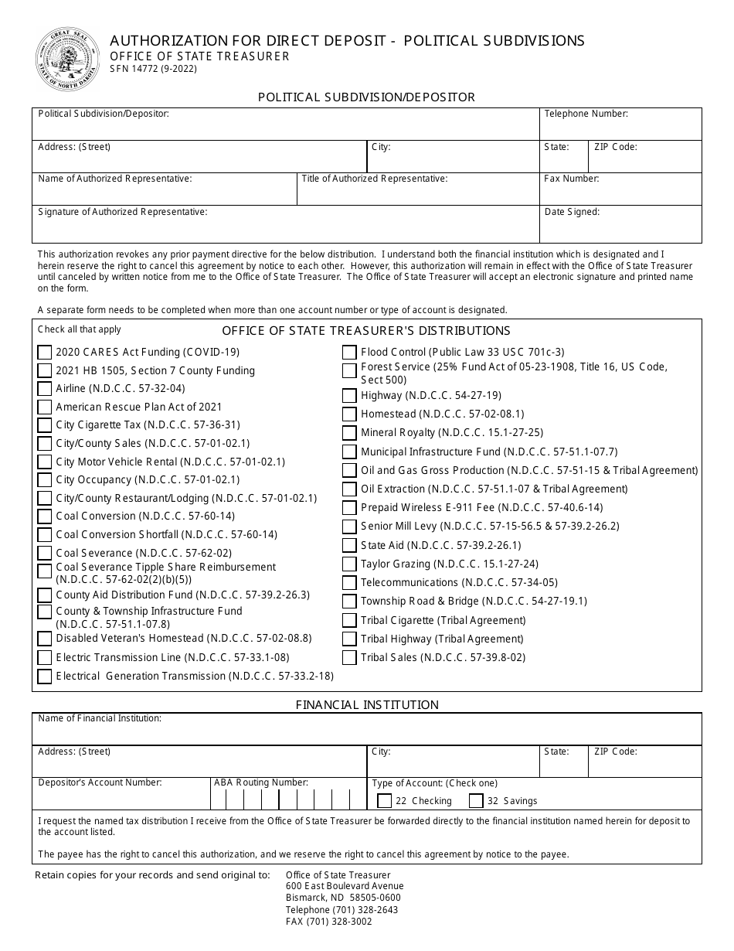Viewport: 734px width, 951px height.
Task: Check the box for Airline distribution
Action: (45, 389)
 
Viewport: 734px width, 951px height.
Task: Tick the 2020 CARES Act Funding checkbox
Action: (45, 353)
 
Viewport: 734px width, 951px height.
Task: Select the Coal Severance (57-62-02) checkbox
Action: (45, 554)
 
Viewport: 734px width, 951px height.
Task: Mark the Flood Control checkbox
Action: (349, 353)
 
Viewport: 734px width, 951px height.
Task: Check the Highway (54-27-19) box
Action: (349, 396)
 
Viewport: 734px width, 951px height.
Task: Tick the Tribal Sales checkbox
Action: (349, 658)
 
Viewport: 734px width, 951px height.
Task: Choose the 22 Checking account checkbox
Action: (384, 801)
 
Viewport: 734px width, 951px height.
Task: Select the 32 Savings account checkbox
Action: (476, 801)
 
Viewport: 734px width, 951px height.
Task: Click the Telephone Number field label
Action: (586, 114)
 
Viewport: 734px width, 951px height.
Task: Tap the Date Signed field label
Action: (572, 212)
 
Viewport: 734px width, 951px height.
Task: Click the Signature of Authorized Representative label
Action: (122, 212)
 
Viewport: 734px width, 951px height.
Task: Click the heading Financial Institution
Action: (367, 705)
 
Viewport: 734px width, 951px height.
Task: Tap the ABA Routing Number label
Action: (261, 782)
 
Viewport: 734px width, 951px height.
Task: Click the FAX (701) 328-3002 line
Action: (328, 922)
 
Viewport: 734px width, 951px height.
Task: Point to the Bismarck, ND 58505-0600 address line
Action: (343, 898)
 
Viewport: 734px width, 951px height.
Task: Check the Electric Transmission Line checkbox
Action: (45, 658)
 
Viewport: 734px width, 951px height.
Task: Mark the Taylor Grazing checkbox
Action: (349, 564)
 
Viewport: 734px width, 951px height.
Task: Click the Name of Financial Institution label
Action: (100, 718)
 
